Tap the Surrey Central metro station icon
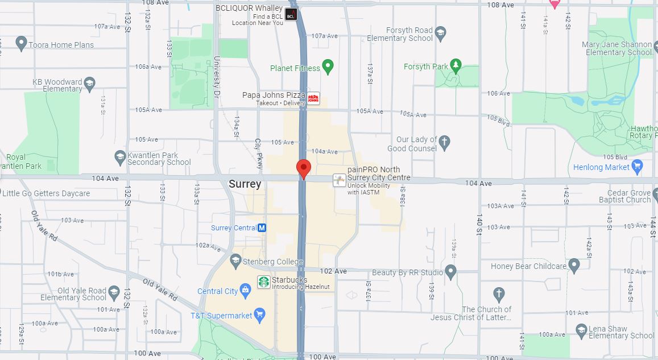pyautogui.click(x=262, y=227)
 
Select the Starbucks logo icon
pyautogui.click(x=264, y=282)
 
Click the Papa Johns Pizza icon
pyautogui.click(x=313, y=98)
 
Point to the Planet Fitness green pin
pyautogui.click(x=328, y=67)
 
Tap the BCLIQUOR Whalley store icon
pyautogui.click(x=291, y=15)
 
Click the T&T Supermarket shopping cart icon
pyautogui.click(x=260, y=314)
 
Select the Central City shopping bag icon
pyautogui.click(x=246, y=291)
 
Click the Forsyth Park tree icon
pyautogui.click(x=456, y=66)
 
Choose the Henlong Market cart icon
pyautogui.click(x=637, y=167)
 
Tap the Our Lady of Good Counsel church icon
pyautogui.click(x=445, y=141)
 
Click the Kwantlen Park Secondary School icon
pyautogui.click(x=120, y=157)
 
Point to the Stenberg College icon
pyautogui.click(x=235, y=261)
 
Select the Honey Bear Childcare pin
pyautogui.click(x=574, y=265)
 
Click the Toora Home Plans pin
pyautogui.click(x=22, y=43)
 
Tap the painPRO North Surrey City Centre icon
pyautogui.click(x=340, y=180)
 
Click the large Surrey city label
pyautogui.click(x=245, y=184)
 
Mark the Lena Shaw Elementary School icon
pyautogui.click(x=581, y=330)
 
